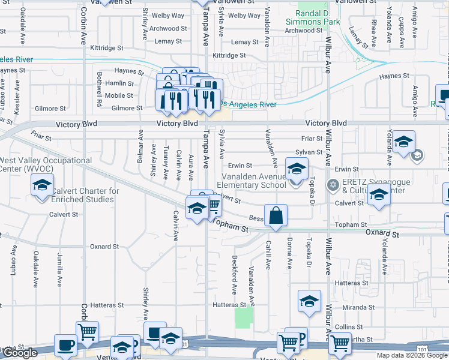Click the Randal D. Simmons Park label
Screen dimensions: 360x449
[x=318, y=17]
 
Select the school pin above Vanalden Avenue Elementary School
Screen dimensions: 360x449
[x=296, y=170]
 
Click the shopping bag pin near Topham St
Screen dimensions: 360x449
[x=276, y=216]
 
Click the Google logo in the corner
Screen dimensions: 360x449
[x=20, y=353]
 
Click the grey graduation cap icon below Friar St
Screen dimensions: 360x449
[x=417, y=156]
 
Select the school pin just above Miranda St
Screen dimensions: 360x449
[x=309, y=301]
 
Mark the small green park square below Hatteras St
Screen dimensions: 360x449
[x=244, y=317]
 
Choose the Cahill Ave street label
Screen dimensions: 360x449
[x=268, y=256]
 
